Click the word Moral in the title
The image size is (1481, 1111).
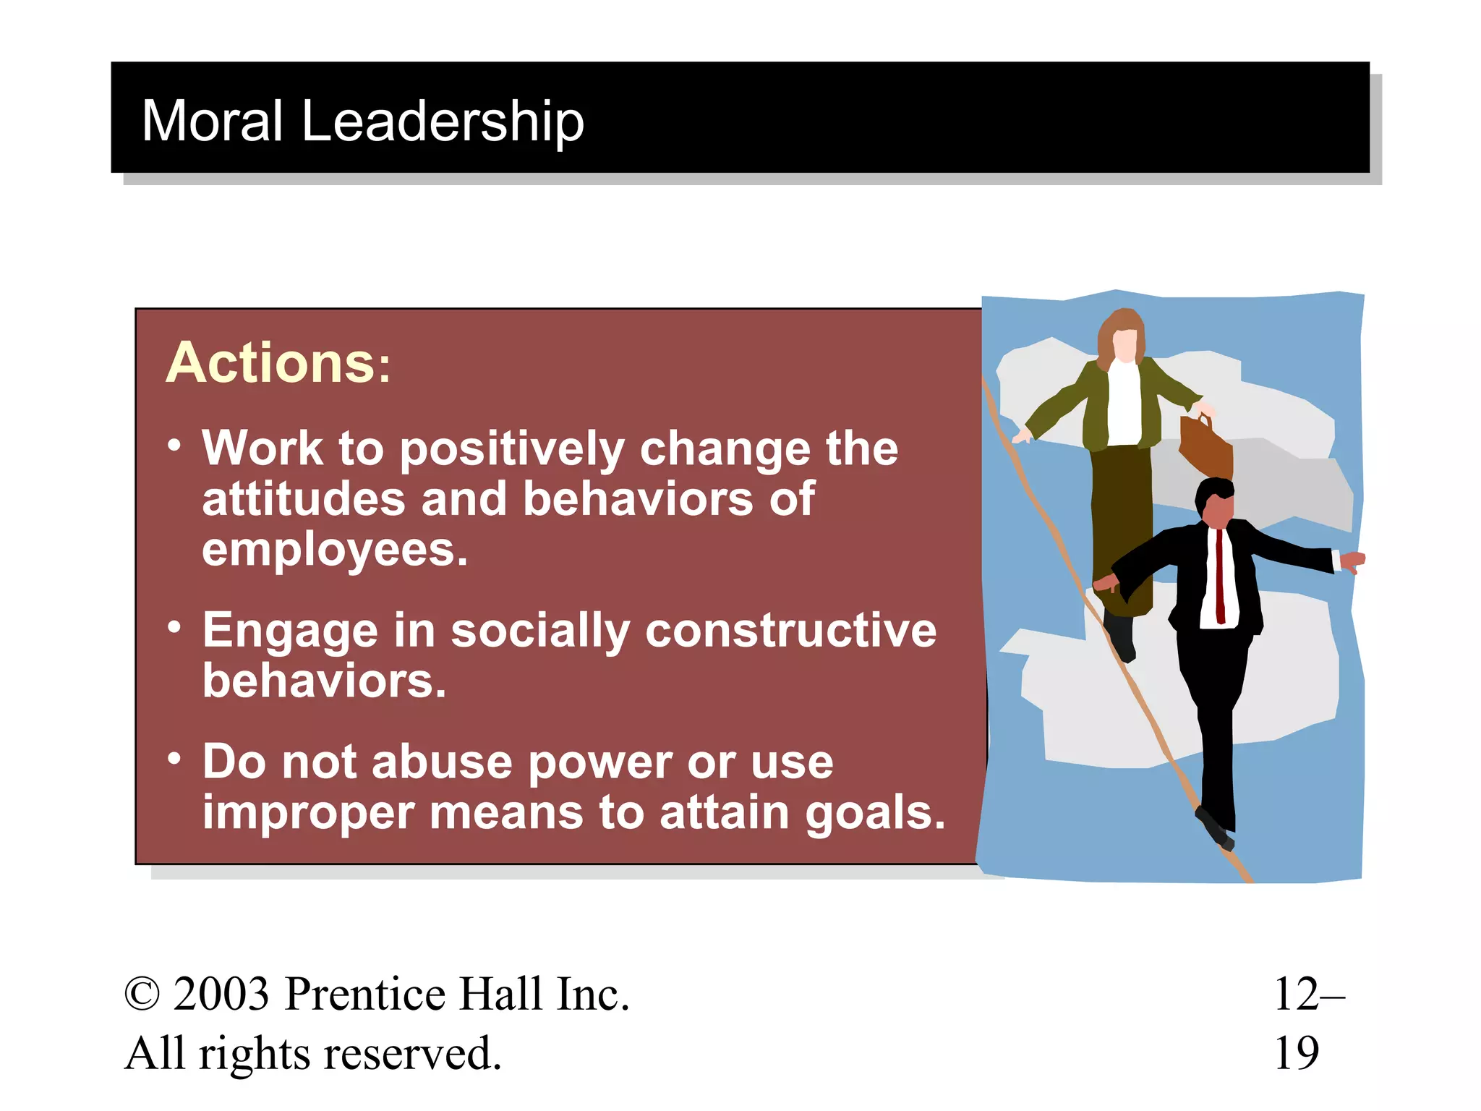point(212,121)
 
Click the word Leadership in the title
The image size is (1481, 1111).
point(442,121)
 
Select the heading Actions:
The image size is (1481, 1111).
point(278,362)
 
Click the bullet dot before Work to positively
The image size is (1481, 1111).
point(174,445)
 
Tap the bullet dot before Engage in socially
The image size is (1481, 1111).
point(174,627)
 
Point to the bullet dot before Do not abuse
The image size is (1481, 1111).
point(174,759)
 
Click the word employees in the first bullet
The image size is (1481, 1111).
point(334,550)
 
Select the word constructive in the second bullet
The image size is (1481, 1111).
point(790,630)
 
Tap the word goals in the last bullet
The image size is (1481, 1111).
point(874,812)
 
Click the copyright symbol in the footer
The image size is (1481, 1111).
point(142,994)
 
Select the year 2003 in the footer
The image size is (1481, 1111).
point(221,994)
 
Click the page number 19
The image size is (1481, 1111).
point(1296,1053)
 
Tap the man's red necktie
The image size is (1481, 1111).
point(1220,575)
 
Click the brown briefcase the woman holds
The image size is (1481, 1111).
point(1205,445)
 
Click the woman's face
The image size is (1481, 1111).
point(1124,344)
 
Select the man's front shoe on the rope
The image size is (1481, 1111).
point(1214,829)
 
